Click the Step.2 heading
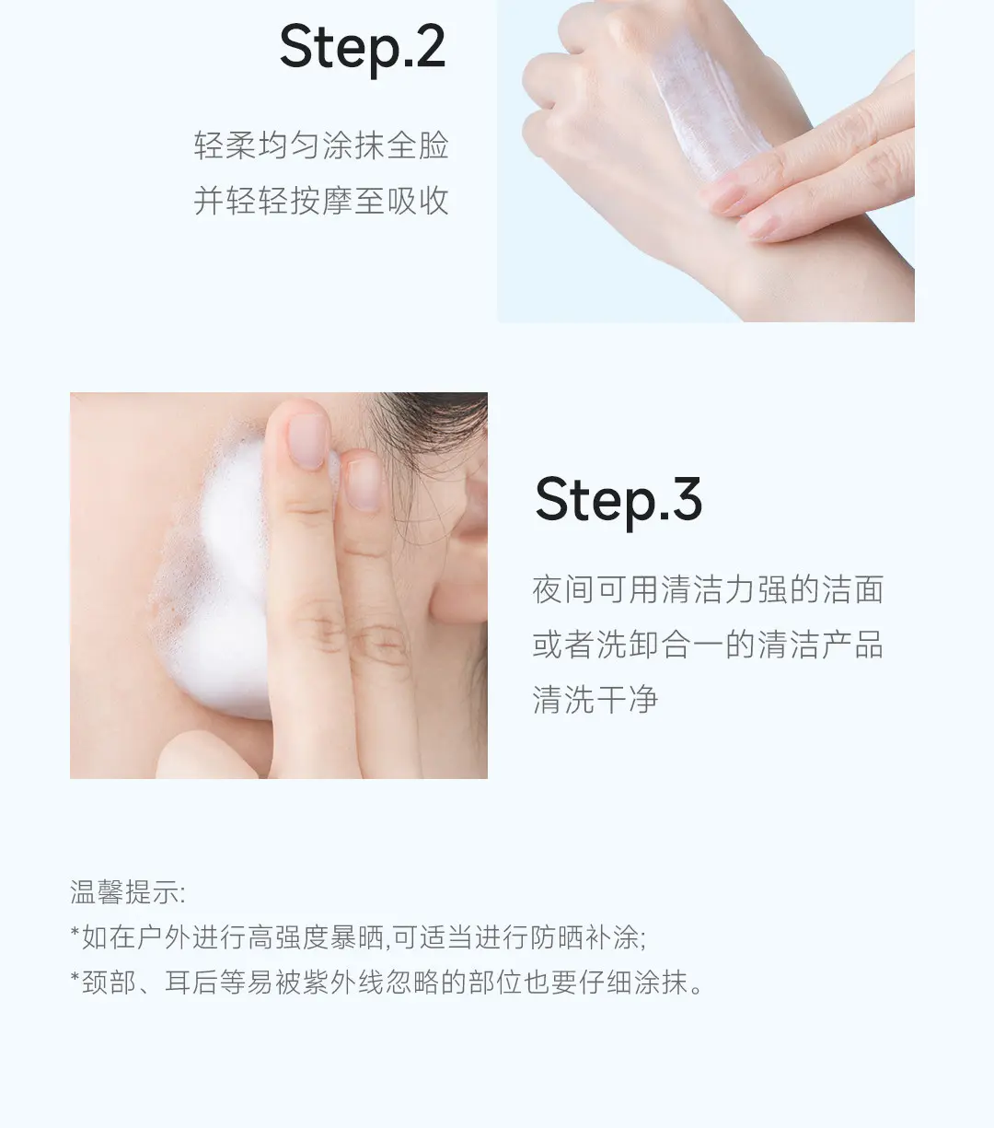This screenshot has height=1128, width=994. [x=363, y=49]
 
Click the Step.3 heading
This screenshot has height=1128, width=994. [x=618, y=502]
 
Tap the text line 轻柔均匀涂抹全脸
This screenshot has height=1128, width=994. [x=321, y=145]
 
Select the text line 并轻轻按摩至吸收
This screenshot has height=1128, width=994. [x=321, y=201]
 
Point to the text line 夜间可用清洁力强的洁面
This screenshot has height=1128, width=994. [x=708, y=589]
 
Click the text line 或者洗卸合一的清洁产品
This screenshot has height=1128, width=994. [x=708, y=645]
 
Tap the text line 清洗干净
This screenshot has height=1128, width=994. [x=595, y=700]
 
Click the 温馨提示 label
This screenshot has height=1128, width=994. [x=127, y=892]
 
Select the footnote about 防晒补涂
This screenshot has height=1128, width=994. [x=358, y=937]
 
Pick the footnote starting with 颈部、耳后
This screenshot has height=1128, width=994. [x=387, y=983]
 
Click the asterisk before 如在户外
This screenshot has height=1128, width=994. [x=75, y=932]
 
